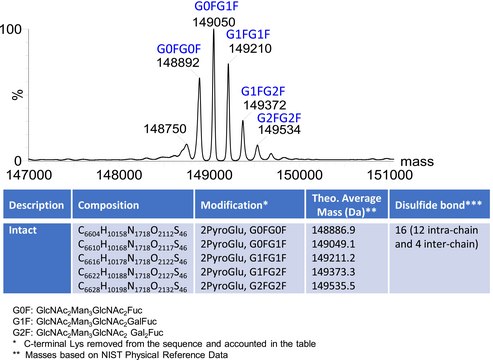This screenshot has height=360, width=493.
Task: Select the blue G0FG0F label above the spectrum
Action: (x=179, y=48)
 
